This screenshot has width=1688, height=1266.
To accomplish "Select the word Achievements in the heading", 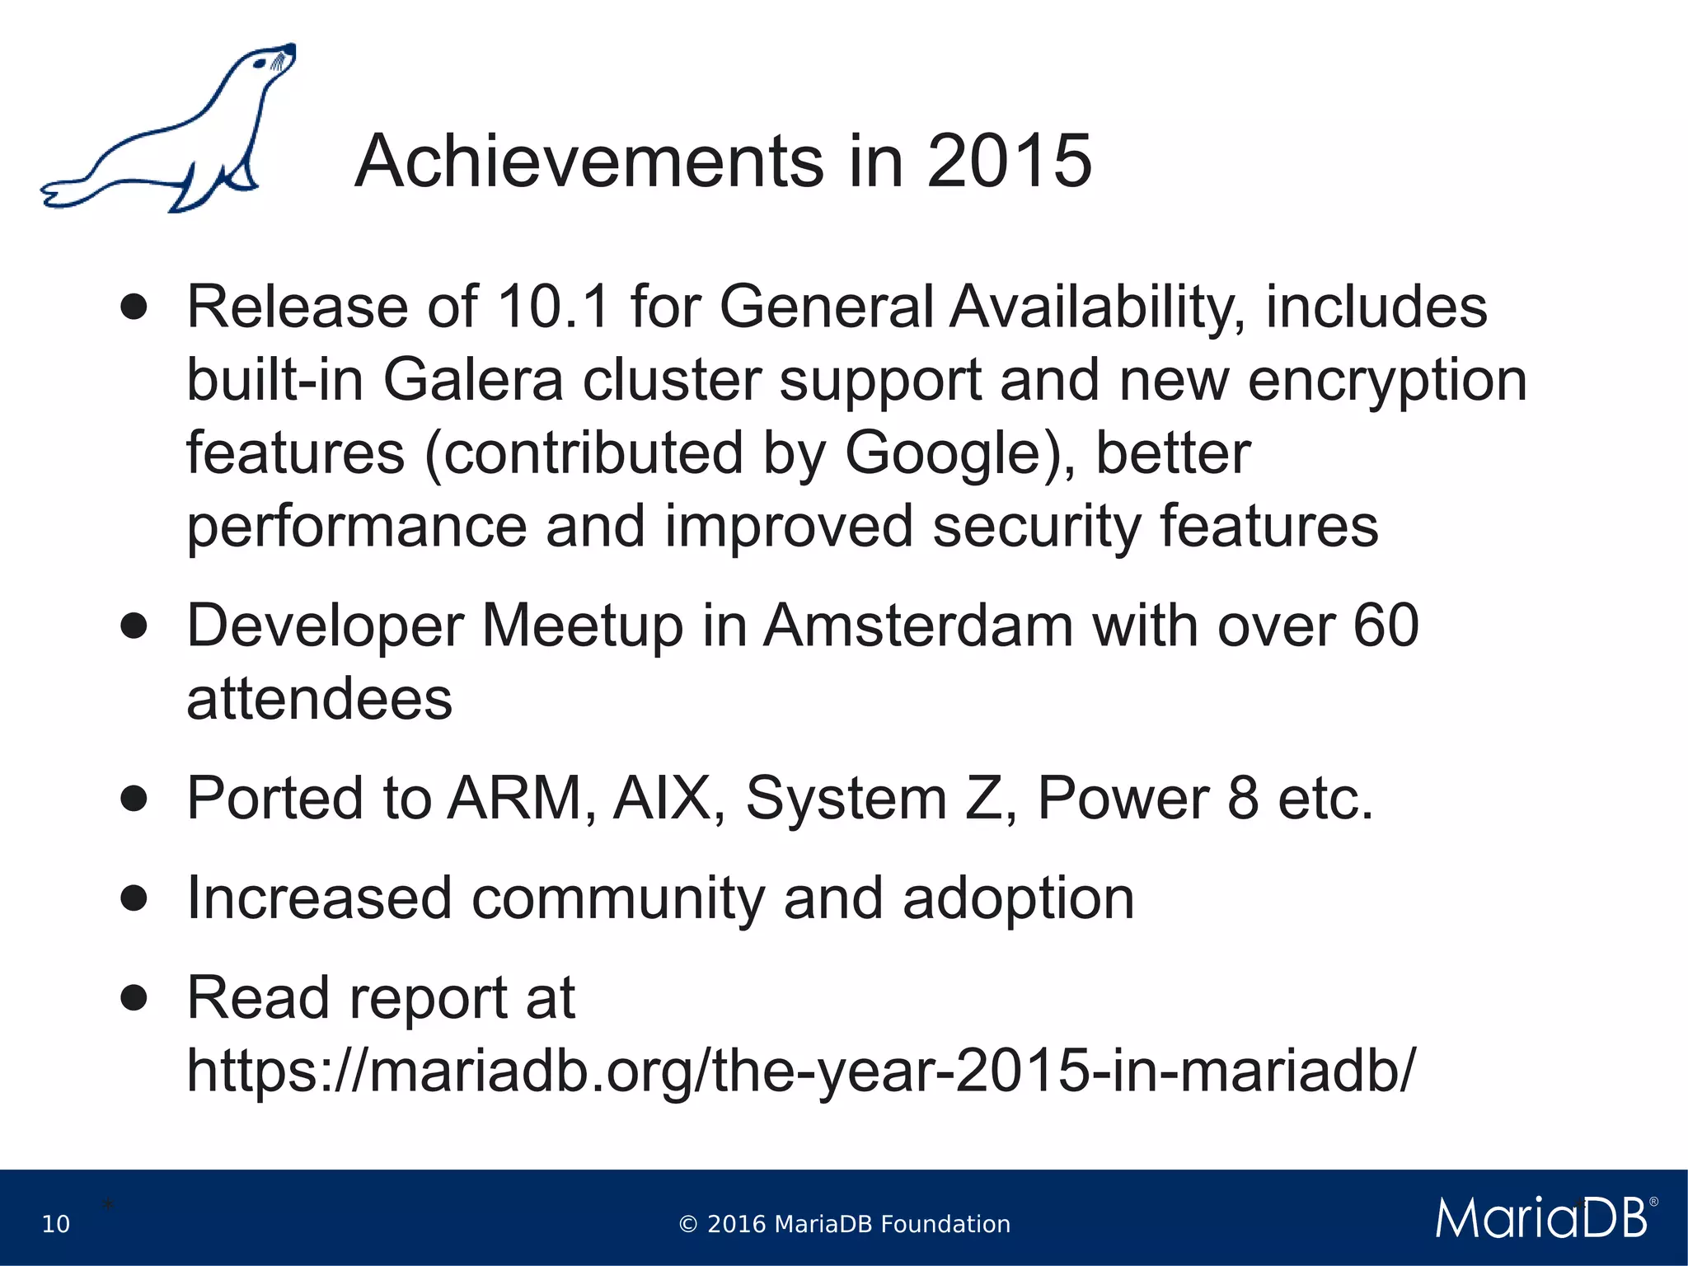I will pos(588,161).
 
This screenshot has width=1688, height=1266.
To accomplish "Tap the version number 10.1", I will pos(553,307).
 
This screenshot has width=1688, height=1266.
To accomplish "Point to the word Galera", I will pos(473,380).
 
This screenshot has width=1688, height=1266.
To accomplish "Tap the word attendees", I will pos(320,699).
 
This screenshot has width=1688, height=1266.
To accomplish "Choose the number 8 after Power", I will pos(1242,798).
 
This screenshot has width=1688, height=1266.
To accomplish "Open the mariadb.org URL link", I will pos(800,1071).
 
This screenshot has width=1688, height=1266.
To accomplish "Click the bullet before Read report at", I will pos(134,998).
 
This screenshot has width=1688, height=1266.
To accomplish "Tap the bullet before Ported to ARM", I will pos(134,798).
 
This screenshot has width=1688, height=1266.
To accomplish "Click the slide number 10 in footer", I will pos(56,1224).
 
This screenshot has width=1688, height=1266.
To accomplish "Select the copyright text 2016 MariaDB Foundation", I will pos(844,1224).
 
